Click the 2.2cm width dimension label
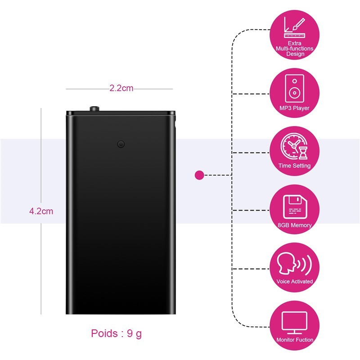coord(121,88)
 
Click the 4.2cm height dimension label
coord(41,211)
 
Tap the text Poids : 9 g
coord(117,333)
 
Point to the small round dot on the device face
coord(121,144)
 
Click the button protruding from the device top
coord(94,108)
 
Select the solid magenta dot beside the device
coord(199,175)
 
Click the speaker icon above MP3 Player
coord(295,88)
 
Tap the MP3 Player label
coord(294,108)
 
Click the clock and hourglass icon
coord(294,146)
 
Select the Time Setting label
coord(294,166)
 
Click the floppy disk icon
coord(295,207)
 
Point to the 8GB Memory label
coord(295,225)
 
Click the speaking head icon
coord(294,263)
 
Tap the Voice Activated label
coord(295,281)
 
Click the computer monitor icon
coord(295,323)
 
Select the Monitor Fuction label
coord(295,340)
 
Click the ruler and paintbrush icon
coord(295,27)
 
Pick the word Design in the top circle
coord(295,54)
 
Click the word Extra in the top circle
coord(295,43)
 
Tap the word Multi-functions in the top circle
coord(295,49)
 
